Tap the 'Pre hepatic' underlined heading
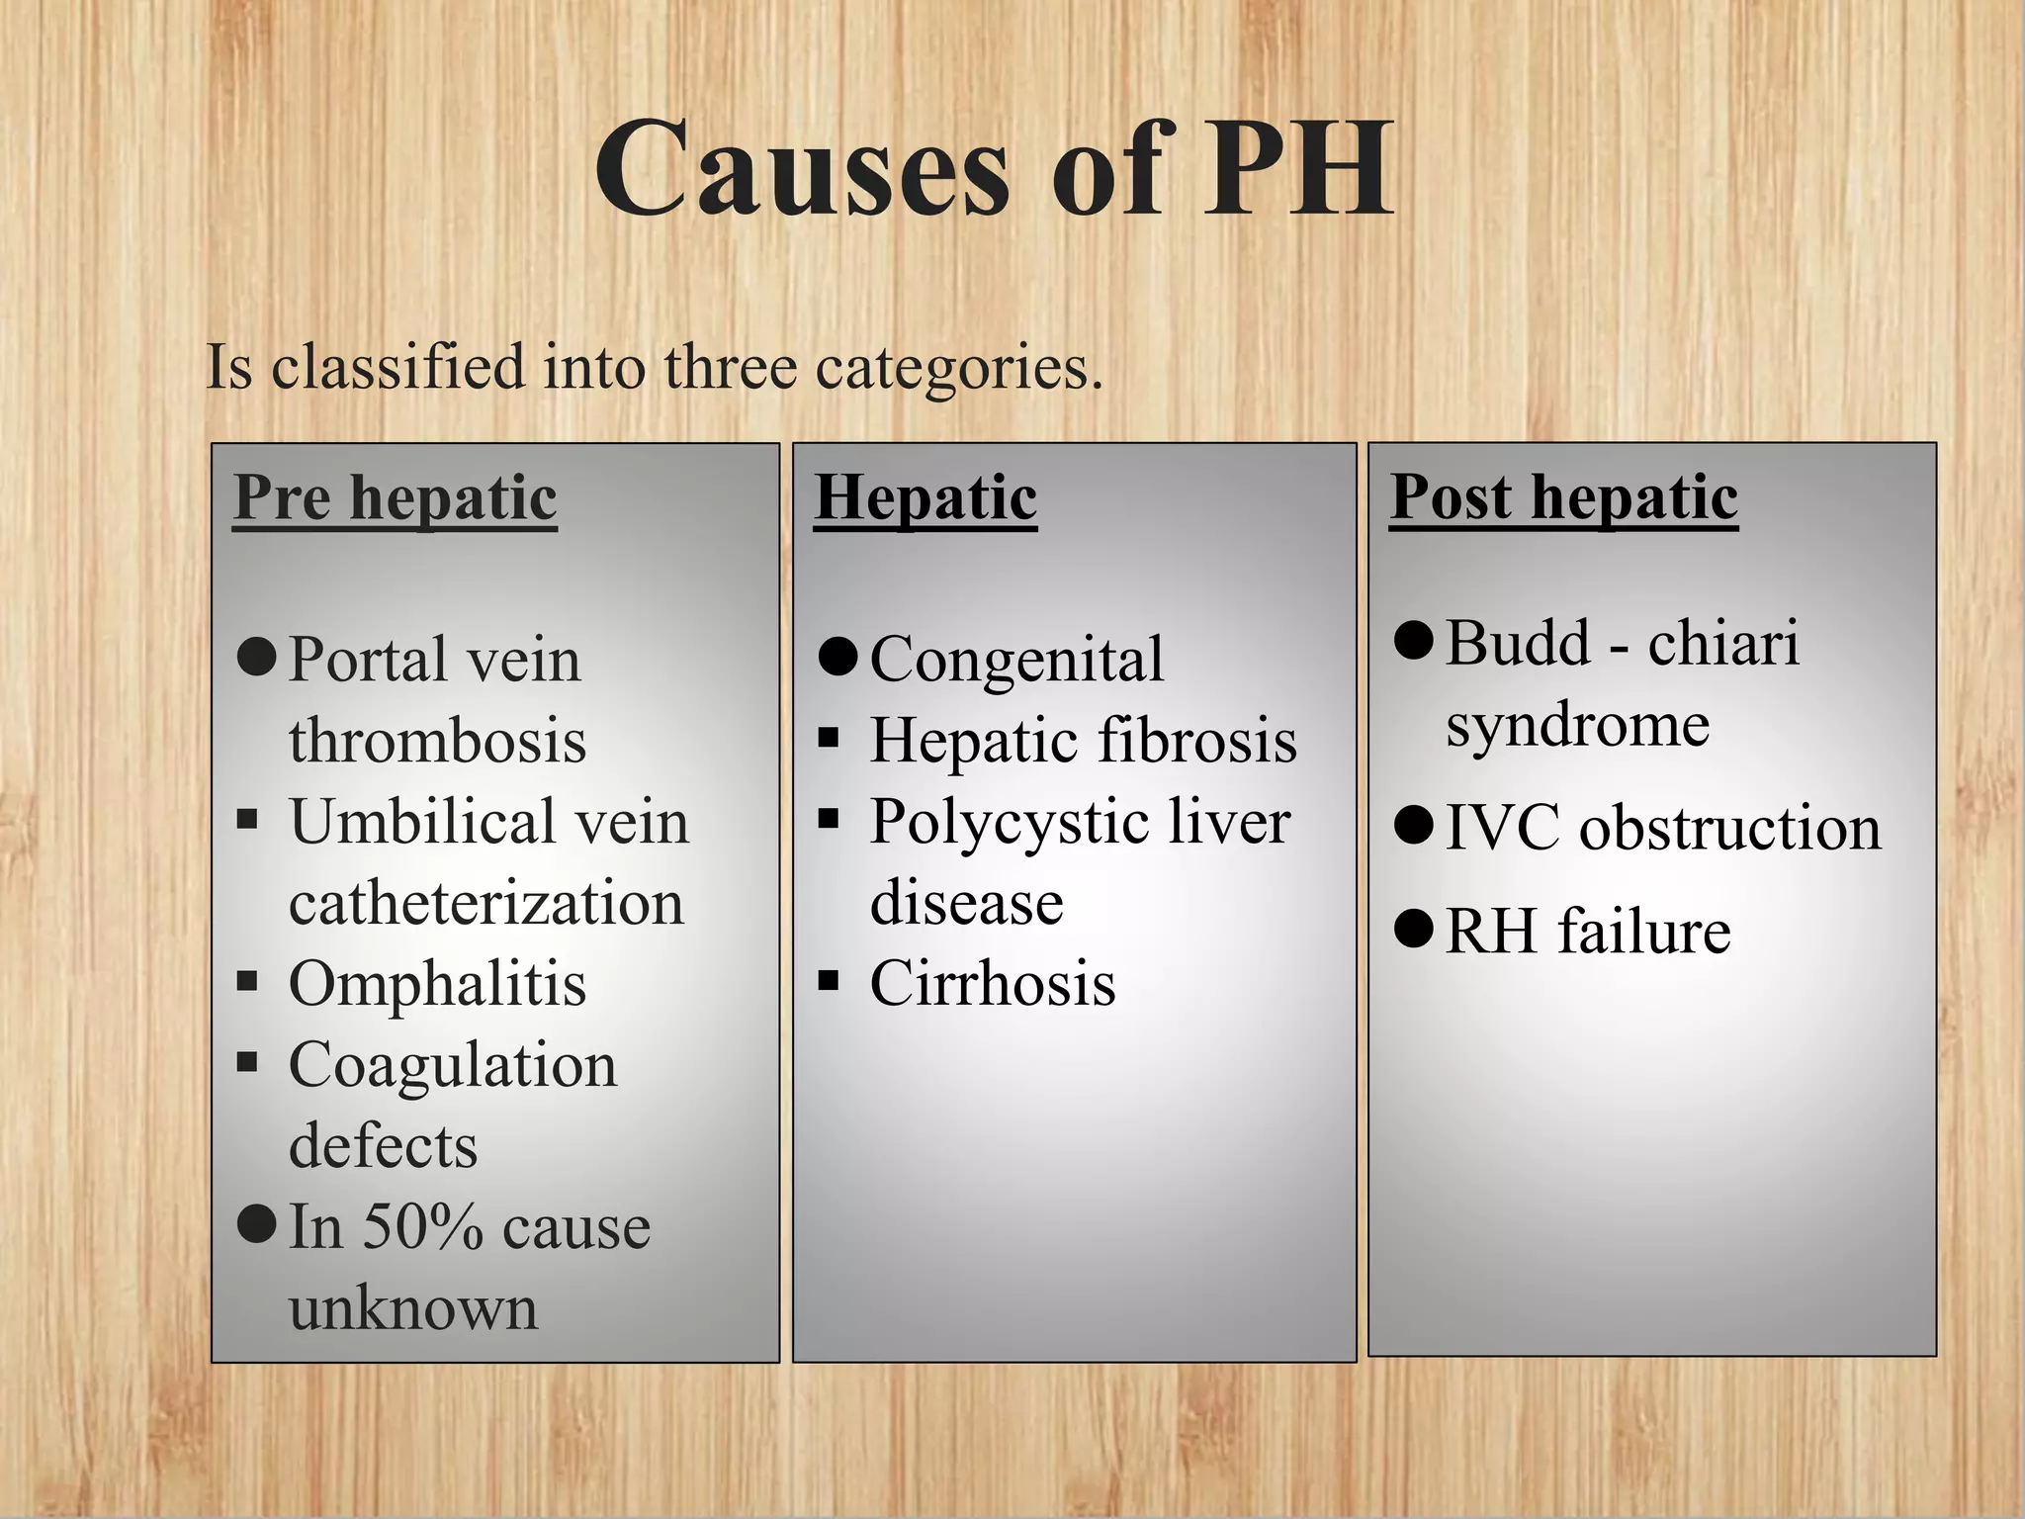tap(396, 496)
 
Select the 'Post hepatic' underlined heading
tap(1563, 496)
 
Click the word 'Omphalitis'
tap(437, 984)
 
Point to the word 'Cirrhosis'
tap(993, 984)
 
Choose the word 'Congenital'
tap(1016, 659)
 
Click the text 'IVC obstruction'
tap(1663, 827)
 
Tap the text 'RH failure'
tap(1588, 932)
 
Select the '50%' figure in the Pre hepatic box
tap(423, 1227)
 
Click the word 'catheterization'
tap(486, 903)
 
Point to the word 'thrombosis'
tap(437, 741)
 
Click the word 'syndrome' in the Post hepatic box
tap(1578, 725)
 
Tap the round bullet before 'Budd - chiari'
tap(1414, 641)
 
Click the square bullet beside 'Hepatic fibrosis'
tap(829, 738)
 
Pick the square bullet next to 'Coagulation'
tap(247, 1062)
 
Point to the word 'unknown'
tap(413, 1308)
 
